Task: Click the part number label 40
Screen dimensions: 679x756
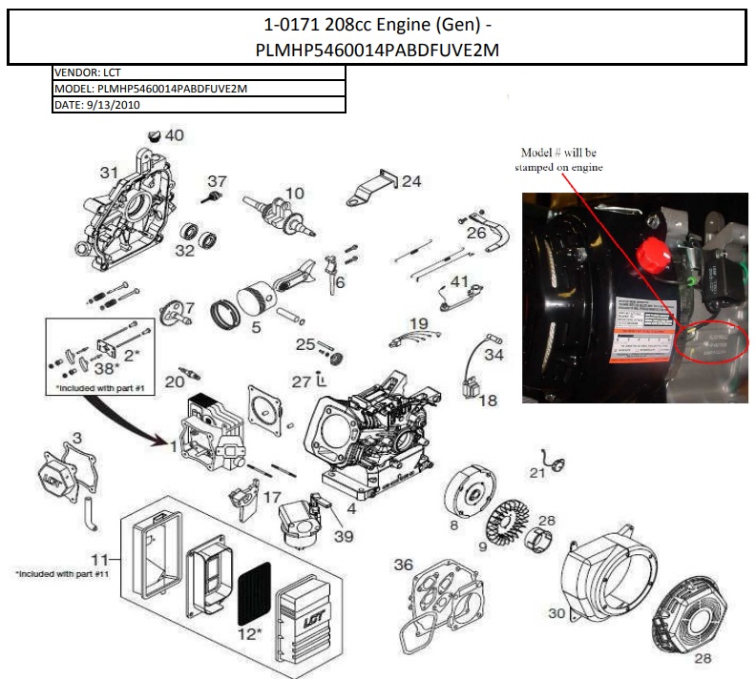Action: [x=174, y=135]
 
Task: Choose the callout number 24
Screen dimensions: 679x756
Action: [x=410, y=181]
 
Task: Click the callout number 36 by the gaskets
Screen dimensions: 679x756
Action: [x=404, y=565]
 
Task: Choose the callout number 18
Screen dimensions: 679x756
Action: [x=488, y=401]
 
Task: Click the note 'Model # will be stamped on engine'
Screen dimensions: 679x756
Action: [x=561, y=160]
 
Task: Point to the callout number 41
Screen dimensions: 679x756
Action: [x=460, y=281]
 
